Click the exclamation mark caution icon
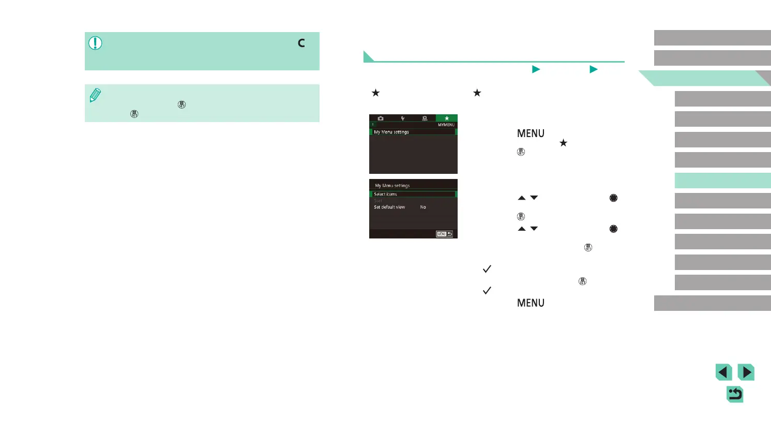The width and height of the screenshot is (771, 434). coord(95,43)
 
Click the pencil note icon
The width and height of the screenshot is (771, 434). coord(95,95)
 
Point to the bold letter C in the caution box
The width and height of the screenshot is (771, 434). coord(301,43)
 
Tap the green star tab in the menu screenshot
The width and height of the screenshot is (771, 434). coord(446,118)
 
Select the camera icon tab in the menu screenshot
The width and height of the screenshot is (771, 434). coord(381,118)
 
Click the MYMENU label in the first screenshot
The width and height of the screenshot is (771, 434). coord(446,125)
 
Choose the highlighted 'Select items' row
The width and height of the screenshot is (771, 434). coord(413,194)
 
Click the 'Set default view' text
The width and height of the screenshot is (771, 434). coord(389,207)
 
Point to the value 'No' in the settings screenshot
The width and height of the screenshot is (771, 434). coord(423,207)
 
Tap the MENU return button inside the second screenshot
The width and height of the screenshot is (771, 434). coord(444,234)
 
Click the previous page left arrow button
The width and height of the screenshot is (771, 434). coord(724,372)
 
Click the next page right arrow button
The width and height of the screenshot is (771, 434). coord(746,372)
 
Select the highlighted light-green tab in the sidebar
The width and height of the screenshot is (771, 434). coord(722,181)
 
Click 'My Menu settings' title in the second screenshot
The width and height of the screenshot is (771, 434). coord(392,186)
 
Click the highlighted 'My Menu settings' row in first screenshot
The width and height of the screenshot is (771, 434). coord(413,132)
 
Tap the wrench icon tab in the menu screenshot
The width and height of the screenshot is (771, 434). coord(402,118)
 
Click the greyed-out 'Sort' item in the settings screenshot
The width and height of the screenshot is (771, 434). coord(378,201)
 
